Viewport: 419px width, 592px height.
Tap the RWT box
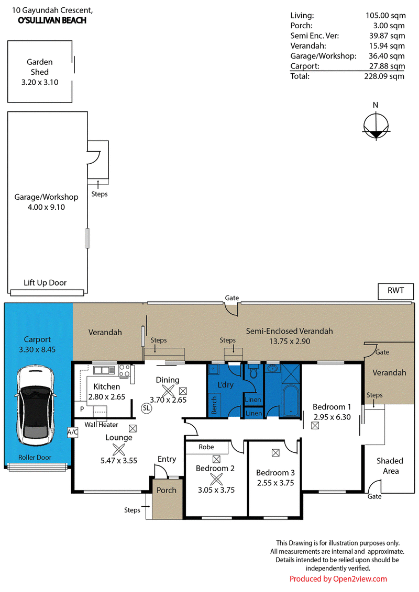click(x=395, y=291)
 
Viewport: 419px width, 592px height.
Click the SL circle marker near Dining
click(x=146, y=408)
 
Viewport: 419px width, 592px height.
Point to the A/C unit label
click(x=73, y=432)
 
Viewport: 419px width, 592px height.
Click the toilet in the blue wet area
click(x=253, y=371)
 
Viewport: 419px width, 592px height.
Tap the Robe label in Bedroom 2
click(x=206, y=447)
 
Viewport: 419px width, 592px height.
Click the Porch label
click(x=167, y=491)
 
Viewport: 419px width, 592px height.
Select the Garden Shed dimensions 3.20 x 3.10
click(x=40, y=82)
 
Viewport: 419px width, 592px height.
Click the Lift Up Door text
click(x=45, y=283)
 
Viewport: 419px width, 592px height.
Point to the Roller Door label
click(x=35, y=458)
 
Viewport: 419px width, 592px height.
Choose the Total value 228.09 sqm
click(x=384, y=76)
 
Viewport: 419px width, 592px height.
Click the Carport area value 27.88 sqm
click(x=387, y=66)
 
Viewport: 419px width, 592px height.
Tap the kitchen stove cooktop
click(x=125, y=370)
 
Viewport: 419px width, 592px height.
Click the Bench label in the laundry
click(x=214, y=405)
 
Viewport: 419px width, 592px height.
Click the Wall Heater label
click(x=102, y=425)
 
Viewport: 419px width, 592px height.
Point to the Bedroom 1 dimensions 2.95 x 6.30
click(x=332, y=417)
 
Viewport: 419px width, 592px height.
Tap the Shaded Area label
click(x=390, y=466)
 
